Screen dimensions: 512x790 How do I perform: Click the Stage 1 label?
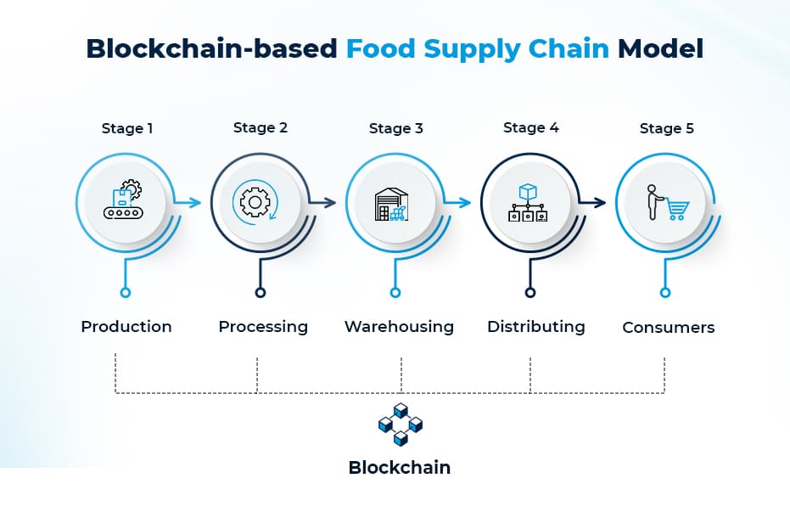click(127, 129)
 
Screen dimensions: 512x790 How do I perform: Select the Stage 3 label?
click(395, 129)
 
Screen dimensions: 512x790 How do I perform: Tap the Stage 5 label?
click(666, 129)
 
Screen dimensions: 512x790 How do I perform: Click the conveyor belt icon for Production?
click(124, 201)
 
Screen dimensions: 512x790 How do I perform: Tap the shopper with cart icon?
click(665, 203)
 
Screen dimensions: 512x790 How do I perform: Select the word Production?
click(126, 327)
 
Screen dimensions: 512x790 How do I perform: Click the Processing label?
click(263, 327)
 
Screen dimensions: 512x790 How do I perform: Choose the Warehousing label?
click(399, 327)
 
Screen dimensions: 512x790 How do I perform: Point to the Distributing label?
click(535, 327)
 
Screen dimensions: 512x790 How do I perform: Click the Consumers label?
click(669, 328)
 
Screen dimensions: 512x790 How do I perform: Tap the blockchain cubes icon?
click(400, 425)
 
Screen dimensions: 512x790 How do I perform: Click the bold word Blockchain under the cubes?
click(400, 468)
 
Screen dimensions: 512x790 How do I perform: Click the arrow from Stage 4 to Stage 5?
click(596, 202)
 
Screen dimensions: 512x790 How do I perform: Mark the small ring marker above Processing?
click(260, 292)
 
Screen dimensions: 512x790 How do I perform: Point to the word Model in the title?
click(660, 48)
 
